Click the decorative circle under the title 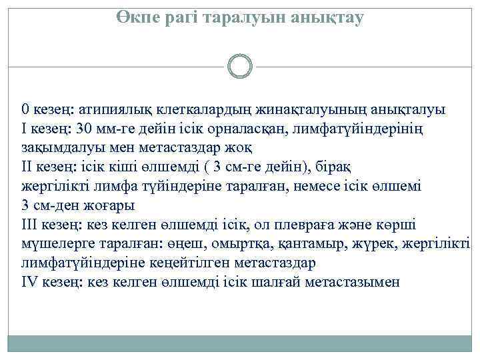[239, 67]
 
